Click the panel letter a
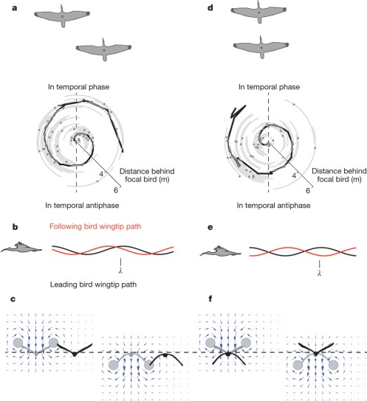click(x=6, y=6)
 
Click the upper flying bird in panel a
click(x=63, y=14)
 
